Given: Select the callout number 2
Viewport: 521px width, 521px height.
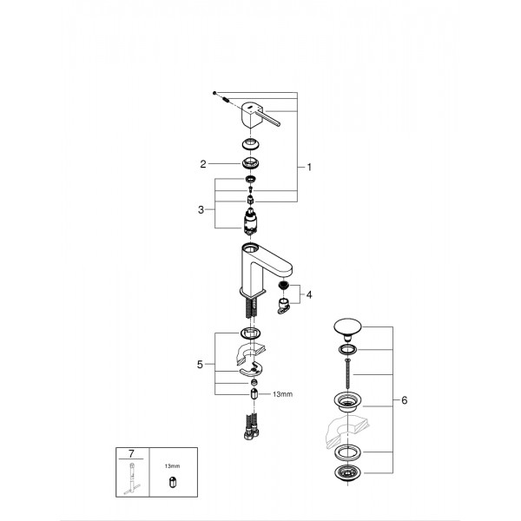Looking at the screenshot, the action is pos(202,162).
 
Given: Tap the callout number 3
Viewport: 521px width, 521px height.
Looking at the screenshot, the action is pos(201,209).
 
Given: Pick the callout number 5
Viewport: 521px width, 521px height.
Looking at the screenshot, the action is pos(201,366).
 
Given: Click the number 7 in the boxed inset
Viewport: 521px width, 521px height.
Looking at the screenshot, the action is pos(130,453).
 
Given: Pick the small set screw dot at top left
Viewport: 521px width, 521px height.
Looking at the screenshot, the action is pos(214,92).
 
